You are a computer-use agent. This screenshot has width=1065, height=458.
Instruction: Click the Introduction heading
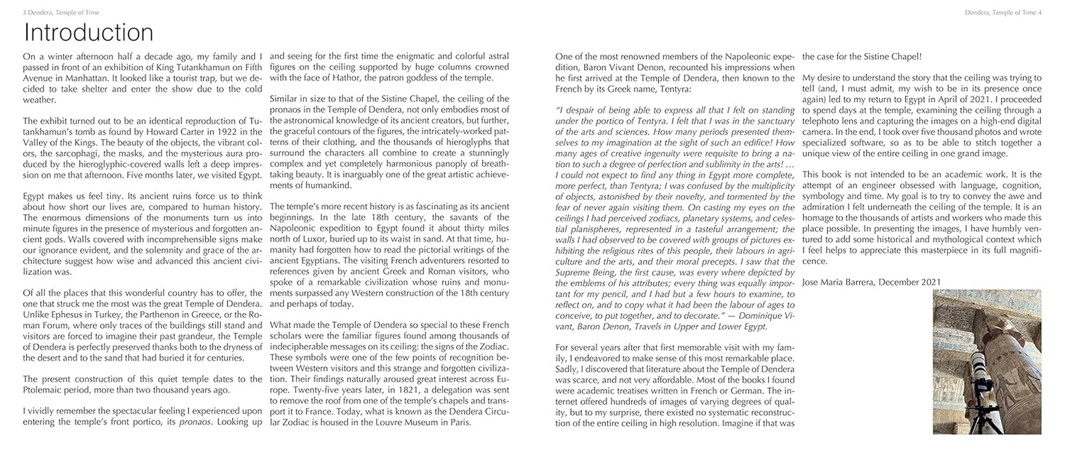pos(88,33)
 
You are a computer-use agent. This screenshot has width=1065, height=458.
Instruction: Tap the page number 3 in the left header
pos(25,12)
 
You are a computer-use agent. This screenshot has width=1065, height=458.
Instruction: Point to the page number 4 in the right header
pos(1040,12)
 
